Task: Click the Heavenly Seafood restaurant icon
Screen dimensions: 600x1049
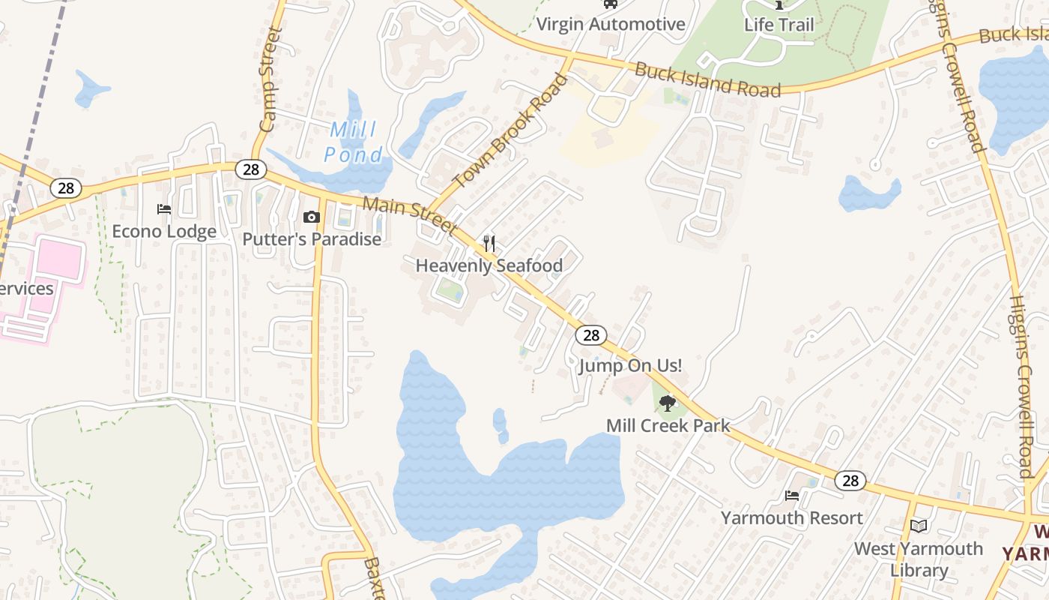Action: (489, 243)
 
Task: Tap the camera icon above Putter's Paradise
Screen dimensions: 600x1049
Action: (311, 217)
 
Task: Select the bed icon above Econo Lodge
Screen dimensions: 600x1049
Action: (164, 209)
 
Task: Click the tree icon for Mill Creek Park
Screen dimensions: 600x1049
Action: (667, 403)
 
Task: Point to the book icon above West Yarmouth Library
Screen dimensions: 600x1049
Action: (919, 526)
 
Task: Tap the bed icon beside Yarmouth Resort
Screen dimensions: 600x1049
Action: (792, 495)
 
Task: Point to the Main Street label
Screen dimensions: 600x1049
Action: (410, 215)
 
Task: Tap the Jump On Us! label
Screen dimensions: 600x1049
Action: (630, 366)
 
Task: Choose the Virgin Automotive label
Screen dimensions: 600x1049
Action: (611, 24)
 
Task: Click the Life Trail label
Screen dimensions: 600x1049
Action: (779, 24)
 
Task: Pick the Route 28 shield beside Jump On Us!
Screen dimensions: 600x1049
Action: (591, 335)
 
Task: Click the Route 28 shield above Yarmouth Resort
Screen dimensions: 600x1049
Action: (850, 481)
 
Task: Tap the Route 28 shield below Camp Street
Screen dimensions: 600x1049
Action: (251, 169)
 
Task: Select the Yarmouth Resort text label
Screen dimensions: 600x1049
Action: (791, 517)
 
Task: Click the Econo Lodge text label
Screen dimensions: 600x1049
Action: (164, 231)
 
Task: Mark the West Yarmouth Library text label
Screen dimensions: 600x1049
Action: (919, 559)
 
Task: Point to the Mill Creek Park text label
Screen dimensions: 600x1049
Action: (668, 425)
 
